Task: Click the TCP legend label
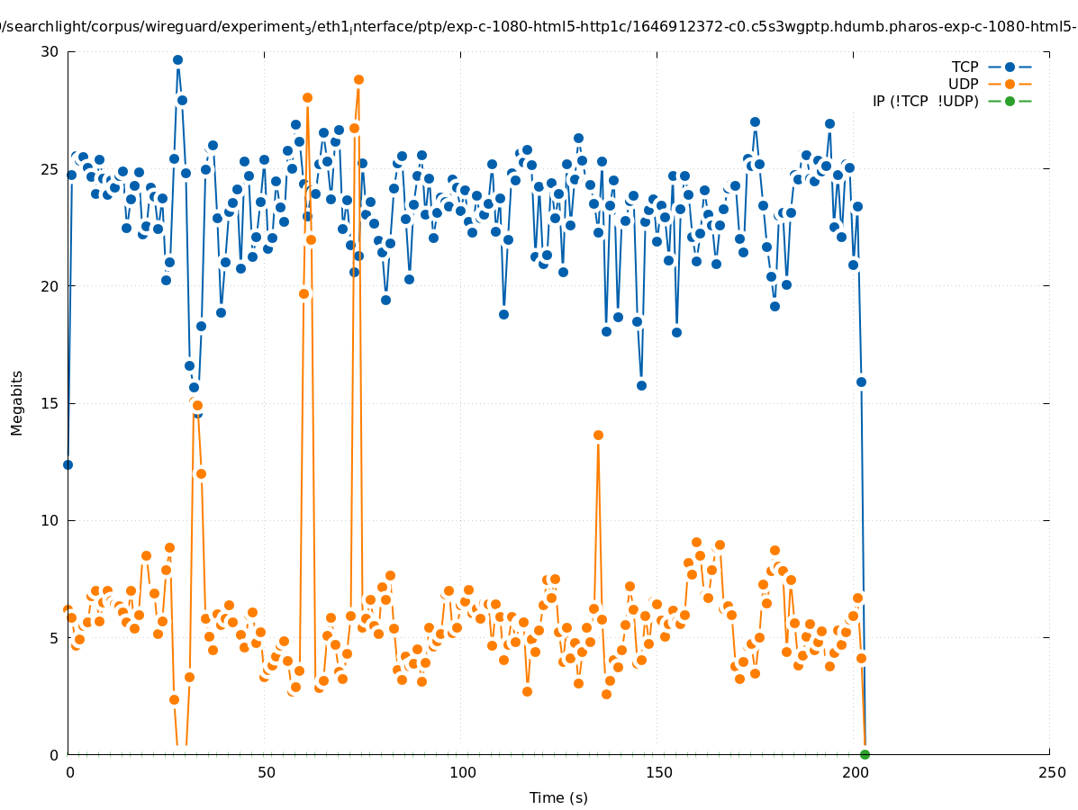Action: (965, 67)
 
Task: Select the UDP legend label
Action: (963, 84)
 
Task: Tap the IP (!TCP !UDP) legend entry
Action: (925, 101)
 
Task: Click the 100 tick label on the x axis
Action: (462, 772)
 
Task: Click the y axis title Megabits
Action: (17, 402)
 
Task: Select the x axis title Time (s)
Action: (558, 797)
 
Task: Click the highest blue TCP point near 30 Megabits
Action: (177, 60)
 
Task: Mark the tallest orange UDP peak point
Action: (358, 79)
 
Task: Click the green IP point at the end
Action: (865, 754)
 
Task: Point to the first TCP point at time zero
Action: (68, 464)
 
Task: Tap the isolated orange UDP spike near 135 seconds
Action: (598, 435)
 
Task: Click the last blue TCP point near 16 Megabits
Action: (861, 382)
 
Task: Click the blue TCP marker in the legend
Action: (1010, 67)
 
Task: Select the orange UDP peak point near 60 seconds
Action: (307, 97)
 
